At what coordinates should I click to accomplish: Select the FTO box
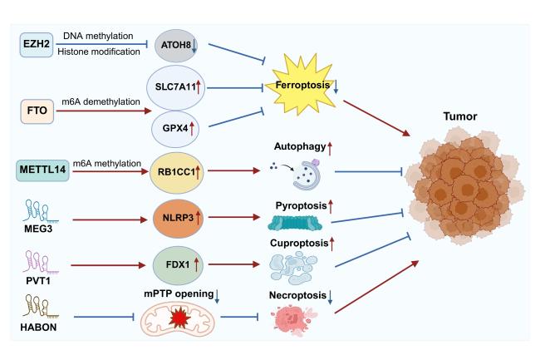coord(37,109)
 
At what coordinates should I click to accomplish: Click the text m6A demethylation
coord(93,100)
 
